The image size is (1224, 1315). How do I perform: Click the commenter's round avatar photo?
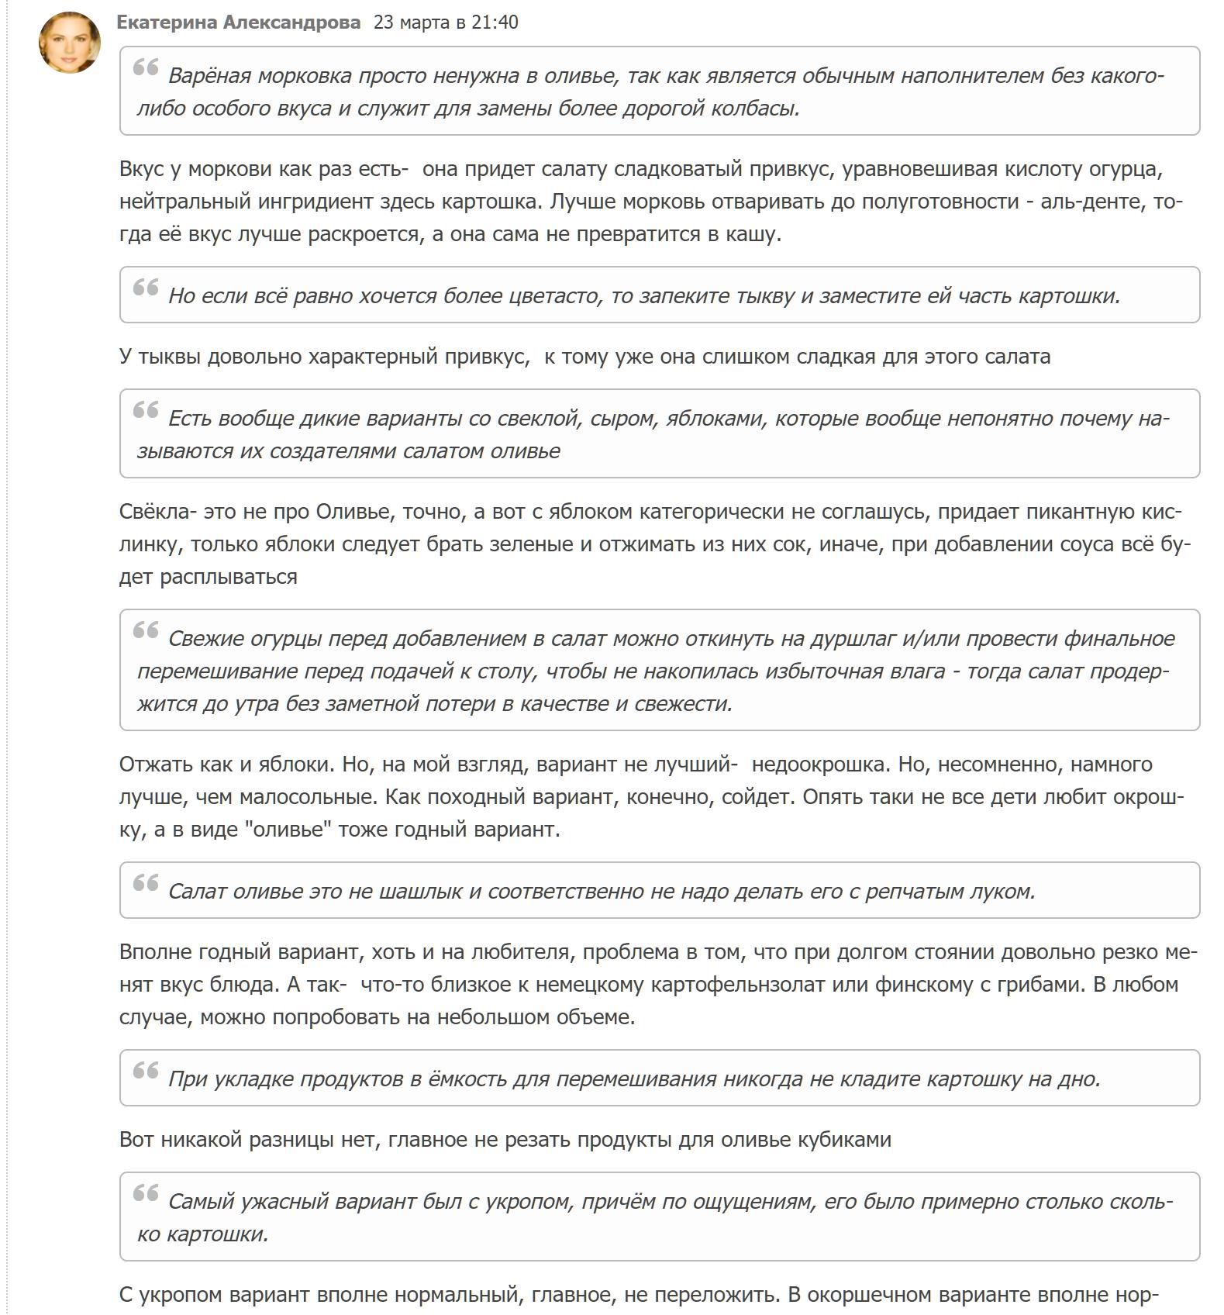click(x=70, y=43)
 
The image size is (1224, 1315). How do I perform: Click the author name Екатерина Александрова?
click(x=238, y=22)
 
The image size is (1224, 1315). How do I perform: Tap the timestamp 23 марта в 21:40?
click(x=446, y=22)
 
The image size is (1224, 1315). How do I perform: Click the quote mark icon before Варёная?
click(x=146, y=67)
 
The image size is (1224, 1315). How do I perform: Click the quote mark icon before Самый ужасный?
click(x=146, y=1193)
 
